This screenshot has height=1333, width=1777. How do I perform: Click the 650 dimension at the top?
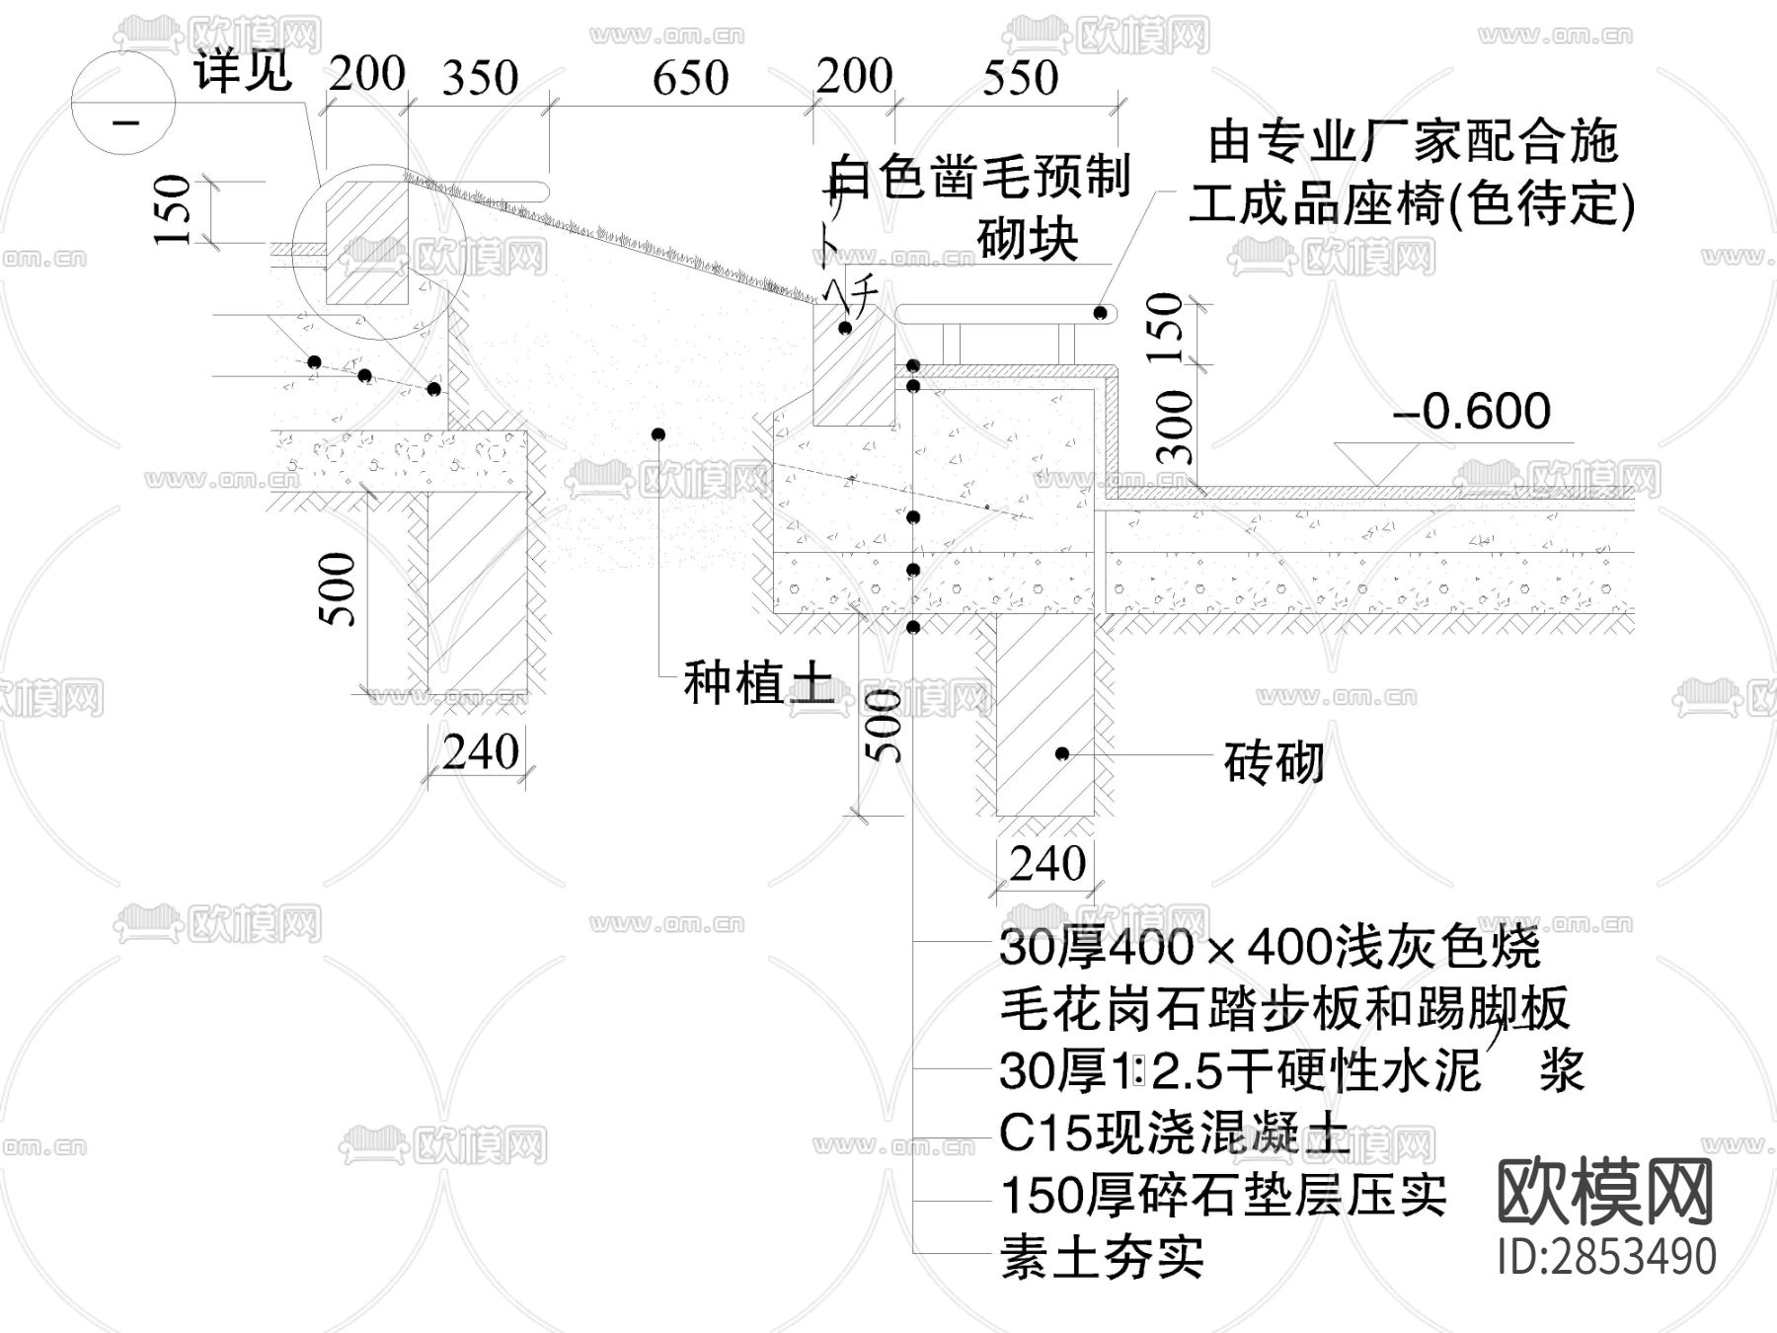690,78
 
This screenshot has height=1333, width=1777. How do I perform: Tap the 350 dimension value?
480,78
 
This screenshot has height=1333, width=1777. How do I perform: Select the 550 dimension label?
1020,78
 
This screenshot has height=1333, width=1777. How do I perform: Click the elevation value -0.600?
1471,412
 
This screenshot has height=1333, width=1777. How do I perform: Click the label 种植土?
758,683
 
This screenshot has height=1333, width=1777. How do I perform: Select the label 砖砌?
1274,761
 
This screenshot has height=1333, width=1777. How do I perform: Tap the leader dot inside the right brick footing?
1062,753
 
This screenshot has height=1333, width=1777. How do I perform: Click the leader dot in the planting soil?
658,434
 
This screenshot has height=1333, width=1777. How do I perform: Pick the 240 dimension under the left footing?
480,752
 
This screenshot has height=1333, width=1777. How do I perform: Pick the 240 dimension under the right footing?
1047,864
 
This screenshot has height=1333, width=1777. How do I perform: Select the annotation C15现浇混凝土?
1173,1134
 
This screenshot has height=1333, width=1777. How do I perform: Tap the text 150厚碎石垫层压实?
1223,1196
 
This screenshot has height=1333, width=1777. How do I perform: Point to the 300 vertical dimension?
1175,427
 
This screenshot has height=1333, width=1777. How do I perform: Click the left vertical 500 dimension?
338,589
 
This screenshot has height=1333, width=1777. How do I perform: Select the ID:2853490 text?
1606,1257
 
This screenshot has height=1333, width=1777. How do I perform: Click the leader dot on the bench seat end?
1099,313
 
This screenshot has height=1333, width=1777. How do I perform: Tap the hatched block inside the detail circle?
367,245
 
